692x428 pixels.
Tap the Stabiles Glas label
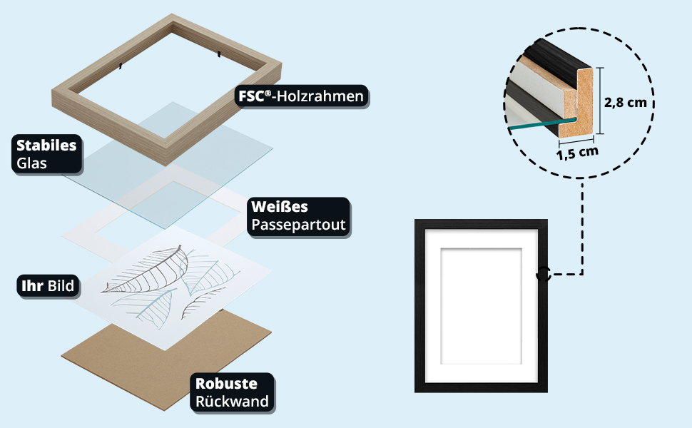[x=46, y=154]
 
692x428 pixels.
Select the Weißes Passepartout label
[x=298, y=216]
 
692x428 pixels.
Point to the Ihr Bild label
[x=48, y=286]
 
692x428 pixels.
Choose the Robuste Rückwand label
[x=232, y=392]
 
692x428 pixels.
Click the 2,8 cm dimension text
[x=625, y=102]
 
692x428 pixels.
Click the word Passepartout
[x=298, y=225]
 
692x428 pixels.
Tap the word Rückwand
[x=232, y=402]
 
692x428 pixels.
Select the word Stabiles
[x=46, y=146]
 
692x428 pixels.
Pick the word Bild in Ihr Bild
[x=61, y=286]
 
